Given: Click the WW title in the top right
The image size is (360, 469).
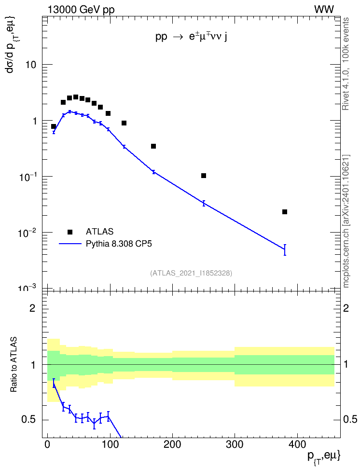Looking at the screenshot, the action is [324, 10].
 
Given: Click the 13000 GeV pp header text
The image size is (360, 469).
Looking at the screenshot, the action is [81, 10].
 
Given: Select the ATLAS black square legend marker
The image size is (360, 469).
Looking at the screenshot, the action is [70, 232].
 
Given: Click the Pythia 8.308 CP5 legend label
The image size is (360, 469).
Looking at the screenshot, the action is [119, 244].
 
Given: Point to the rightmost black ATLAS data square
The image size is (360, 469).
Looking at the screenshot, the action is [285, 212].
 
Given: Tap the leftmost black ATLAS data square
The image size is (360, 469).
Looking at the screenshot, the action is [54, 126].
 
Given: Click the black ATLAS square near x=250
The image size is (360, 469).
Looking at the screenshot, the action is [204, 176].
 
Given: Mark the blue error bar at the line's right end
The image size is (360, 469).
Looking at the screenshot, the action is [285, 250].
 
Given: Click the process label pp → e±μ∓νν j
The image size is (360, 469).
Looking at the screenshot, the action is [191, 37].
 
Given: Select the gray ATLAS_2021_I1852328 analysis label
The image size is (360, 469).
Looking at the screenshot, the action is [191, 273].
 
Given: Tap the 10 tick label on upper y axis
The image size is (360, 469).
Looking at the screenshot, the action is [30, 65].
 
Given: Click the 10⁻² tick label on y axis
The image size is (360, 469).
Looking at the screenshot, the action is [27, 233].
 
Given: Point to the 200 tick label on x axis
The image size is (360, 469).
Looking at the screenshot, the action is [172, 444].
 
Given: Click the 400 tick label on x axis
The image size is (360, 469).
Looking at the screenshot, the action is [297, 444].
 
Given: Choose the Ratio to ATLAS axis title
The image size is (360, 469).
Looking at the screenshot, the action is [14, 364].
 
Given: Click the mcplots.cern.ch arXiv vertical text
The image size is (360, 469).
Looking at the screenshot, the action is [346, 221].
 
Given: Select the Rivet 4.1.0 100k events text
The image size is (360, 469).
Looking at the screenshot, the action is [346, 64].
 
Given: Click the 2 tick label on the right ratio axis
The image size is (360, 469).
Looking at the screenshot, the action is [346, 308].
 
